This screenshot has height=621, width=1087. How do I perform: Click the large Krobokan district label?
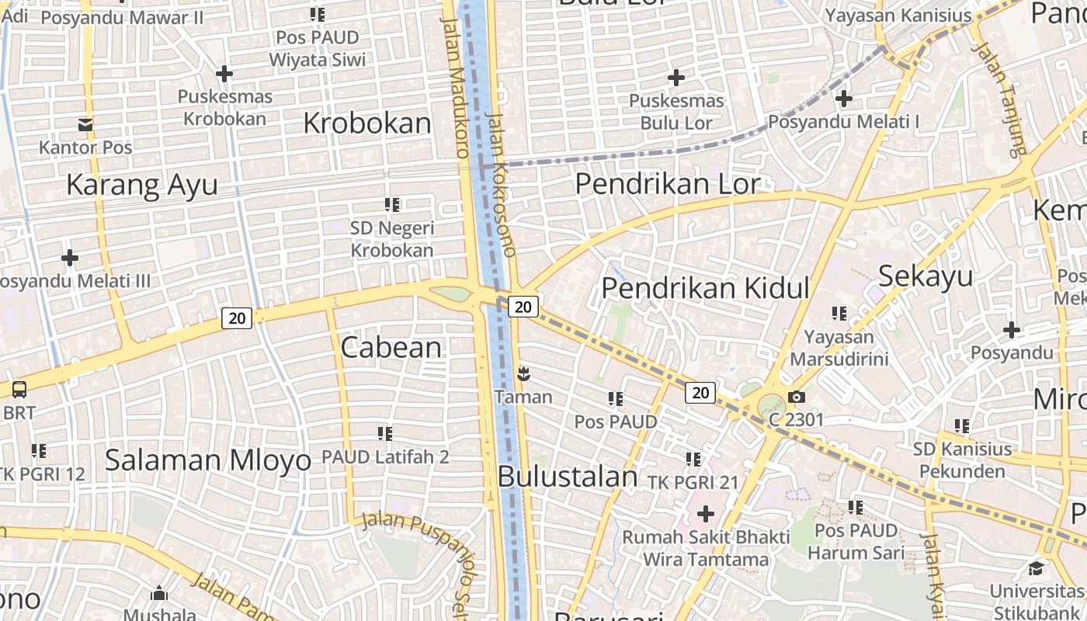[x=366, y=123]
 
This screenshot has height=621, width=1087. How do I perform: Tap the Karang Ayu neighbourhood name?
[x=141, y=185]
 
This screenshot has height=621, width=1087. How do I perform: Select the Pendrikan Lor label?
[x=667, y=184]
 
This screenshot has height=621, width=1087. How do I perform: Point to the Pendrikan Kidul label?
[x=705, y=288]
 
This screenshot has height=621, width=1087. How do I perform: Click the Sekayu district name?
[x=926, y=276]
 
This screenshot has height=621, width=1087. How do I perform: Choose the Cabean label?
[x=391, y=347]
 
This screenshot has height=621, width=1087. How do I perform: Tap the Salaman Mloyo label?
[x=207, y=460]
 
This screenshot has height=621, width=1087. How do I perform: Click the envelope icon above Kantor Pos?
[x=85, y=124]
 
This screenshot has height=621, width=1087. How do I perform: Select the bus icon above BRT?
[x=19, y=390]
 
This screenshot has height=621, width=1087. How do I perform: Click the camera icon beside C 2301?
[x=796, y=397]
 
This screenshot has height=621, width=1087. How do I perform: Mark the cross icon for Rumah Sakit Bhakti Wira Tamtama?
[x=706, y=513]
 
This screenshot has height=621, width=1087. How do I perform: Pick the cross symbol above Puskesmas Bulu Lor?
[x=676, y=78]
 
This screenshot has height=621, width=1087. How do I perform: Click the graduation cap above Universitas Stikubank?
[x=1036, y=567]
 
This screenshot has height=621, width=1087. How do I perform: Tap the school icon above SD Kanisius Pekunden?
[x=962, y=426]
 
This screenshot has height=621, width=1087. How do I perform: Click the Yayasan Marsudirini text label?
[x=839, y=349]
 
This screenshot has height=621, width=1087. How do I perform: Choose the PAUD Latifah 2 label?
[x=385, y=457]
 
